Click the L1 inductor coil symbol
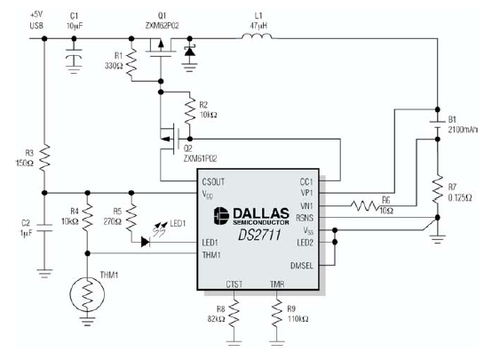(x=257, y=36)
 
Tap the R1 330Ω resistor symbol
(x=131, y=62)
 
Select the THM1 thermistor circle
(x=87, y=294)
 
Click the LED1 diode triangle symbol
(x=146, y=242)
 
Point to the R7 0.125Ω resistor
(x=438, y=188)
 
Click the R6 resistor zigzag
(x=365, y=205)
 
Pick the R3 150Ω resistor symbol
(x=44, y=157)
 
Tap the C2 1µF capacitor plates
(x=44, y=228)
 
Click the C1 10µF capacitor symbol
(x=74, y=57)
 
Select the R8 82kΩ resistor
(x=234, y=314)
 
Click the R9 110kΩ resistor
(x=276, y=314)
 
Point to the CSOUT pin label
(x=213, y=181)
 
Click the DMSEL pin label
(x=301, y=266)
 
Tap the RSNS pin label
(x=305, y=218)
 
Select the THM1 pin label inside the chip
(x=211, y=255)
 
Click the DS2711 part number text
(x=259, y=235)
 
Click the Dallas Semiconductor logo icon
(x=221, y=216)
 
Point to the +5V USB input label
(x=36, y=20)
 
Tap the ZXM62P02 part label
(x=162, y=26)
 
